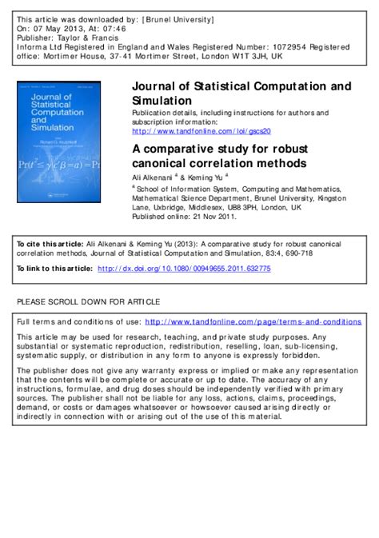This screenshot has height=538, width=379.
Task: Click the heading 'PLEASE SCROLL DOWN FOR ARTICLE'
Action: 88,301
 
